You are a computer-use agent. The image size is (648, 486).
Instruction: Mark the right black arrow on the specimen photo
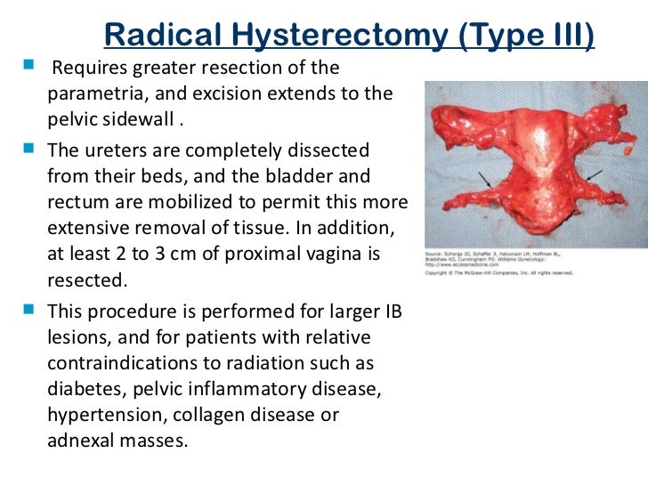(592, 174)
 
